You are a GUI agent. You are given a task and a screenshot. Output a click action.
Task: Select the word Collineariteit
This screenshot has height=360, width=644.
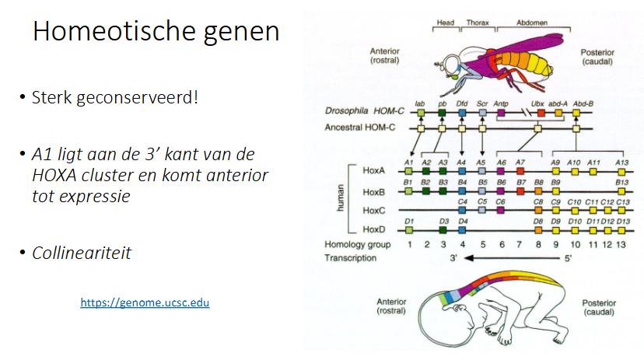click(x=82, y=253)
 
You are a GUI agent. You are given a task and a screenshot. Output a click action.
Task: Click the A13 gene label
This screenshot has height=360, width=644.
click(x=621, y=162)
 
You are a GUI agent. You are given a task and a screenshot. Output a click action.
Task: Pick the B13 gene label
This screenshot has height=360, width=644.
click(x=621, y=182)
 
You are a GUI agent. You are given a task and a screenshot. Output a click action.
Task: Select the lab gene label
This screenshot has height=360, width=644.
click(x=419, y=103)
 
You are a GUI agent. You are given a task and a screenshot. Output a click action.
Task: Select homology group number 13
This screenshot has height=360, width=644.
click(x=621, y=245)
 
